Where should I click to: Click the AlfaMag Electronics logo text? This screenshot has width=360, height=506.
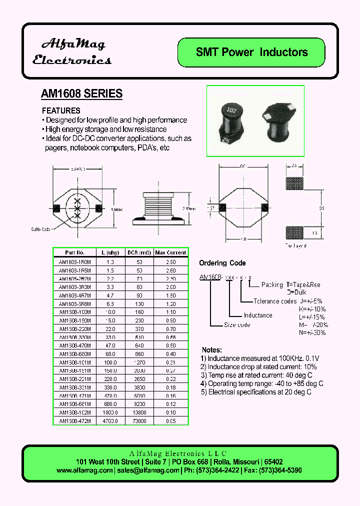(71, 52)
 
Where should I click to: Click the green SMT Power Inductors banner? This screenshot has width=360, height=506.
(251, 52)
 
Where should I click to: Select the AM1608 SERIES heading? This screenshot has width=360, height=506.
(81, 93)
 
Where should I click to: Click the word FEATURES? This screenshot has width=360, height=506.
(61, 110)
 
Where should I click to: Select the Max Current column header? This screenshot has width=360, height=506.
(170, 252)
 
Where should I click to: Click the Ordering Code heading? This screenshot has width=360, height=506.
(222, 263)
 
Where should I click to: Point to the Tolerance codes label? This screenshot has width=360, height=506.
(275, 301)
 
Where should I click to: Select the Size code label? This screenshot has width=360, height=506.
(237, 325)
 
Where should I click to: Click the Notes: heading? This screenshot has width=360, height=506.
(212, 350)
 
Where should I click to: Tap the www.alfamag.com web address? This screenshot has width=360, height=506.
(84, 470)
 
